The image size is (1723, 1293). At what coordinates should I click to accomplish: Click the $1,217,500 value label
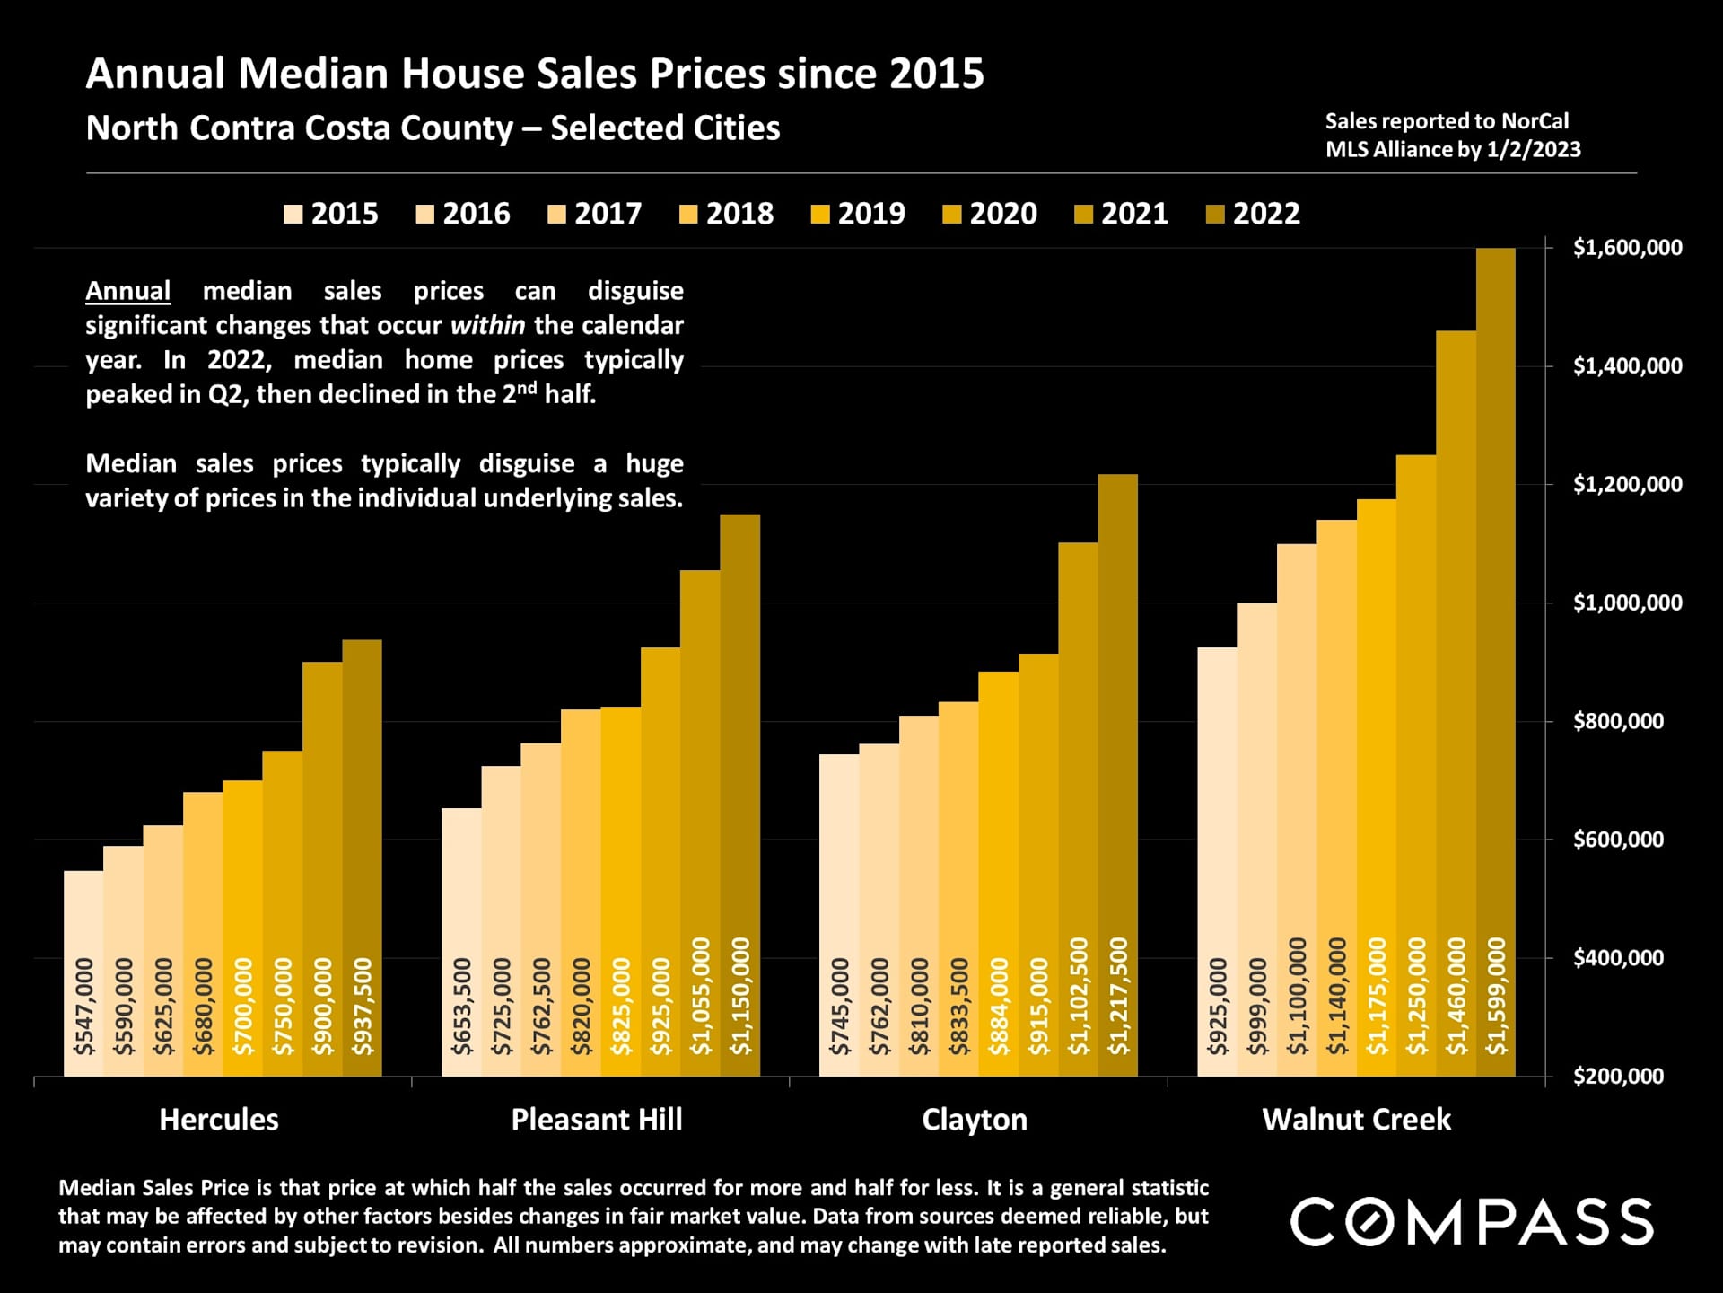[x=1118, y=997]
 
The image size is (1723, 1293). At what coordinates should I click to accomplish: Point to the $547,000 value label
[x=84, y=1007]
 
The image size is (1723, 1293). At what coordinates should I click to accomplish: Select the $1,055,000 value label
[x=701, y=997]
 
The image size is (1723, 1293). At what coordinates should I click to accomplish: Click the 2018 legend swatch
[x=689, y=215]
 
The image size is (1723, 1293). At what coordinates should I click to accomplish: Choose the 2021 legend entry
[x=1122, y=214]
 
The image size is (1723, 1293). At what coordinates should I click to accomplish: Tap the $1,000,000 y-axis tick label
[x=1627, y=603]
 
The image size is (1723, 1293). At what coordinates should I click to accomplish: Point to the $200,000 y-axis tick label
[x=1618, y=1076]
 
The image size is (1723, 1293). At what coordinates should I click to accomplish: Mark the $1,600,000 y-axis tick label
[x=1627, y=248]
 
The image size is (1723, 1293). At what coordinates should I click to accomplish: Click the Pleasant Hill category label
[x=597, y=1120]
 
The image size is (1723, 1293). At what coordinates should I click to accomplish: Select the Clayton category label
[x=975, y=1120]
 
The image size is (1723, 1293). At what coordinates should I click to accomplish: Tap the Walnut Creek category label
[x=1356, y=1120]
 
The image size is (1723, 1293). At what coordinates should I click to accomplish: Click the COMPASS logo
[x=1472, y=1221]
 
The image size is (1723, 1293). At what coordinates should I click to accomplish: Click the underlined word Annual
[x=127, y=291]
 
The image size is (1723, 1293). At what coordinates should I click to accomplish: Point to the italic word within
[x=487, y=325]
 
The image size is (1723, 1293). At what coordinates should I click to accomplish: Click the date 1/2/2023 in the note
[x=1533, y=149]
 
